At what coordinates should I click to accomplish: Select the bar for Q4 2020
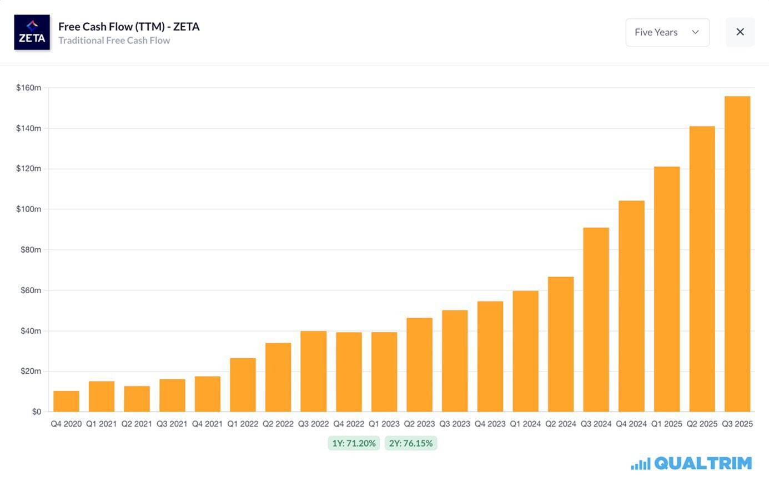(66, 401)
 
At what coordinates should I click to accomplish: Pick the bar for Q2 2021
(137, 399)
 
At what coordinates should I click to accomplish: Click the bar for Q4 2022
(349, 372)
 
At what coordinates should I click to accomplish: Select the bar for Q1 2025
(666, 289)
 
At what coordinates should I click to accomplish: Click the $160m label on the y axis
(28, 88)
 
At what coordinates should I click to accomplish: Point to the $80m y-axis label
(31, 250)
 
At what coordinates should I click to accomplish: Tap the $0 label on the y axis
(36, 412)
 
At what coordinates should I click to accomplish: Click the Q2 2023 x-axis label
(419, 424)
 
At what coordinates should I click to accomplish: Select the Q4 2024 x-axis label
(631, 424)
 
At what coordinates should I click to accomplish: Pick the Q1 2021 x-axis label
(101, 424)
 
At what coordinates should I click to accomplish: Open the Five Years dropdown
(667, 32)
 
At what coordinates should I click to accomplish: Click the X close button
(740, 32)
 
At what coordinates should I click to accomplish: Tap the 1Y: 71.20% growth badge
(354, 443)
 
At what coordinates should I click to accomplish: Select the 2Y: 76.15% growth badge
(410, 443)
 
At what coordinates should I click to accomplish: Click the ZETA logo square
(32, 32)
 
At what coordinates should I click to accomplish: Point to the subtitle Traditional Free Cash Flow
(114, 41)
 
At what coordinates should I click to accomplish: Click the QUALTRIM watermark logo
(691, 463)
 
